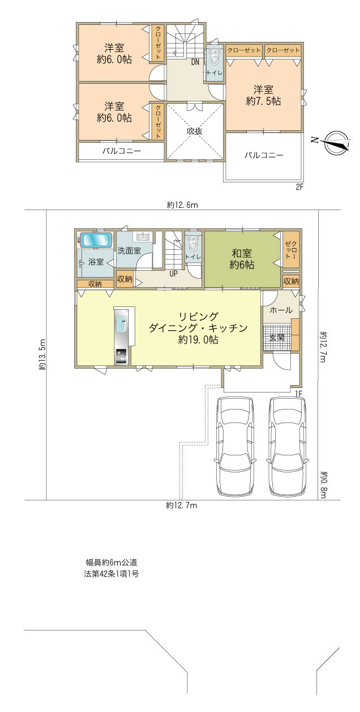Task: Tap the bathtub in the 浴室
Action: coord(96,240)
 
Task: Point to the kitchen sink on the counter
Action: coord(122,325)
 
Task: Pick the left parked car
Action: coord(237,444)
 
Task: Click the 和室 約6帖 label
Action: coord(242,259)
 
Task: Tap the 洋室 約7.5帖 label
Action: coord(263,96)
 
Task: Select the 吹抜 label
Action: coord(195,130)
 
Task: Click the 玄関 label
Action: coord(277,338)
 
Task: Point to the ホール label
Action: coord(281,310)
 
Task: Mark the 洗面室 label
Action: coord(129,250)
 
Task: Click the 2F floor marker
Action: coord(299,187)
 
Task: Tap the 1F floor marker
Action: coord(299,393)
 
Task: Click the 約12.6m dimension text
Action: coord(182,205)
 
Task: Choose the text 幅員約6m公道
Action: coord(112,563)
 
